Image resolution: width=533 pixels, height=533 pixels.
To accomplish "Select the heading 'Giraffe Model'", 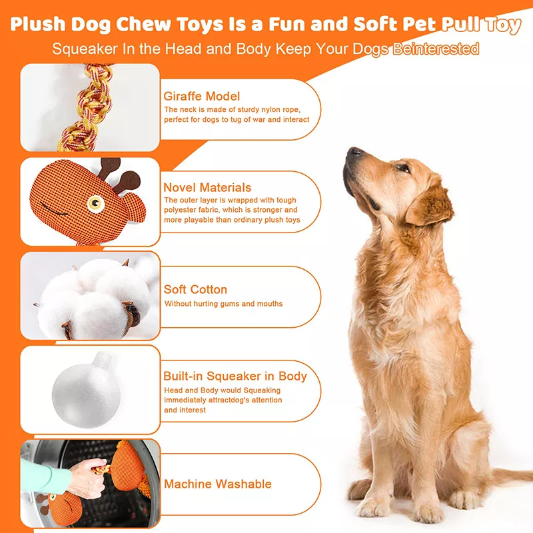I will coord(202,96).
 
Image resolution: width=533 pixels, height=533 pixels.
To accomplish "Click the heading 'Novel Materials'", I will coord(207,187).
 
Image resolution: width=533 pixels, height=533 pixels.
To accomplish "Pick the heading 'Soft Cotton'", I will coord(195,289).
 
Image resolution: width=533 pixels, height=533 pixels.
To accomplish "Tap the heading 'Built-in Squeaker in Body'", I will coord(235,376).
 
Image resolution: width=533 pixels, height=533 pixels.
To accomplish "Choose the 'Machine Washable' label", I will coord(217,484).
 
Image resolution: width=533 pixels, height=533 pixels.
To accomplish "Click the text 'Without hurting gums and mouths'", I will coord(223,304).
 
